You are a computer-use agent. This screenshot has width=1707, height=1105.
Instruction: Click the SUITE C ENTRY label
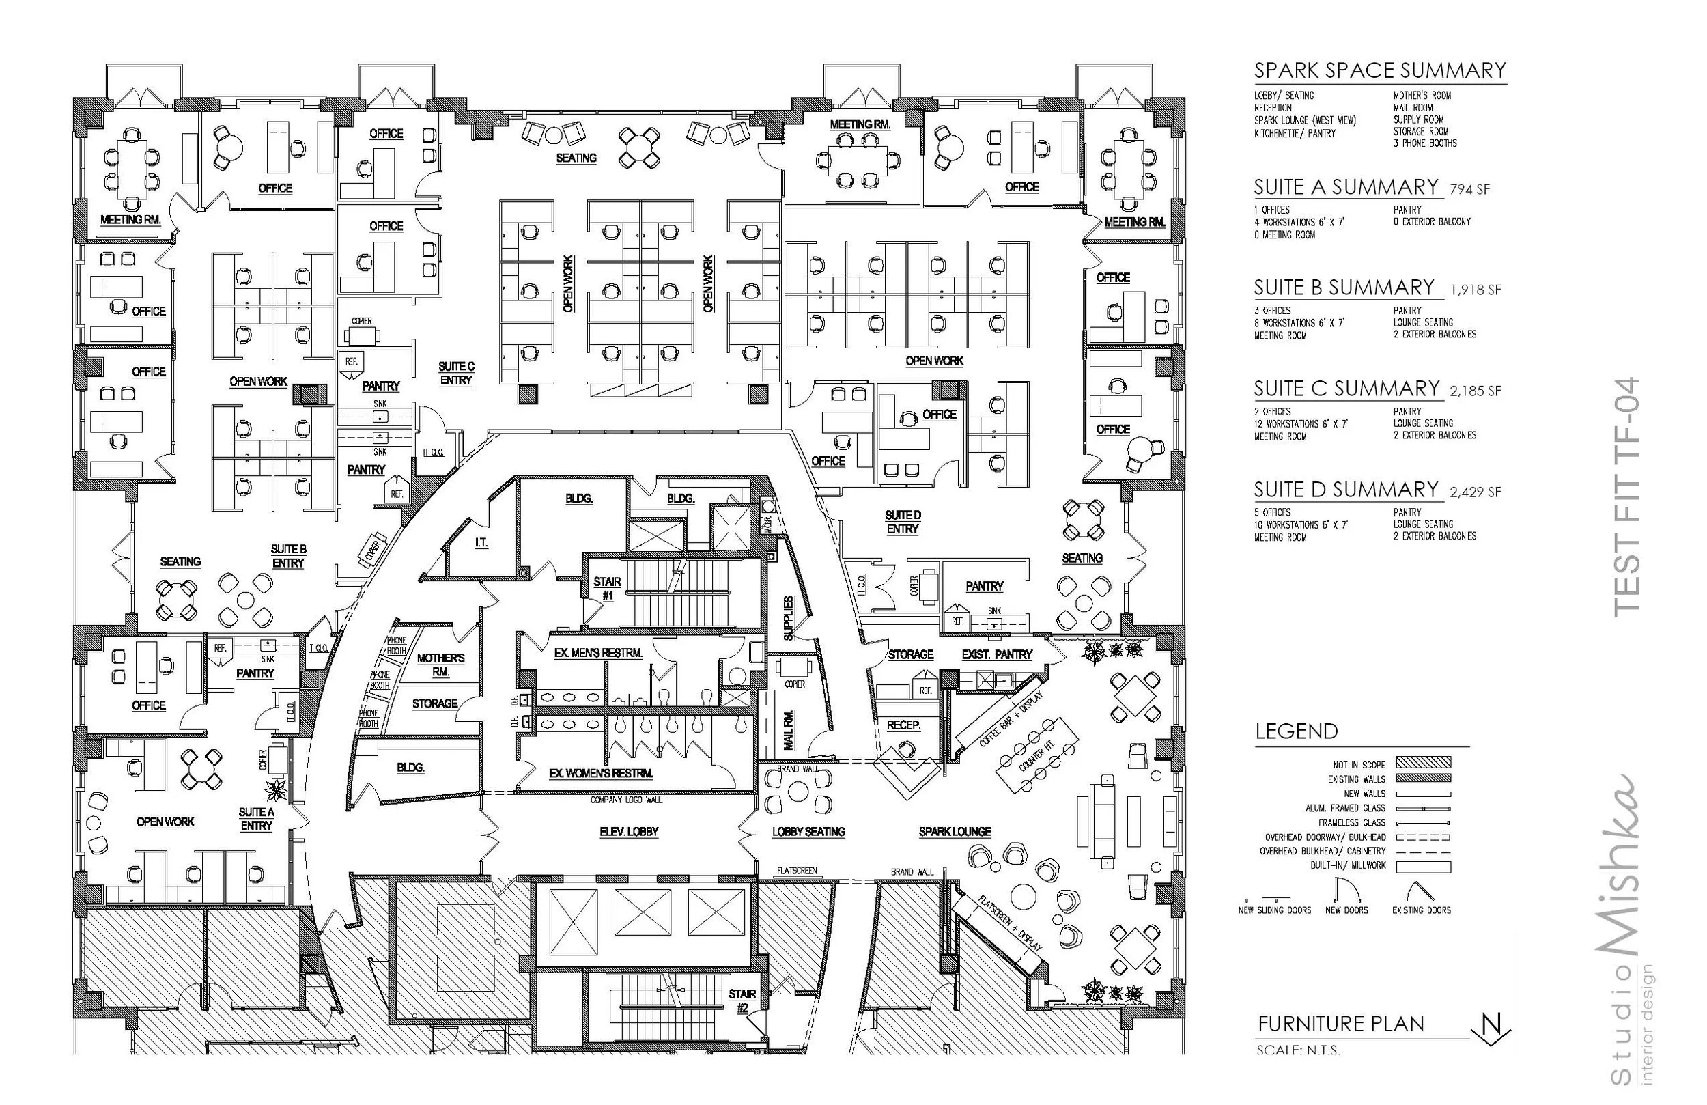456,373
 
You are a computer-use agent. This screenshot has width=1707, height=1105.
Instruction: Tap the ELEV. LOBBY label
629,832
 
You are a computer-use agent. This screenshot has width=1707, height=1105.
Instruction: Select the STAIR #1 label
607,589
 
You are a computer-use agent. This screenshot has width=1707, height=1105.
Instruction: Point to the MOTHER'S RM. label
440,665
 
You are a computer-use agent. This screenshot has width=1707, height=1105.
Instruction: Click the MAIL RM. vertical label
789,730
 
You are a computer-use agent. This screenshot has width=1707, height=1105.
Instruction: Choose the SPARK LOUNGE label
955,832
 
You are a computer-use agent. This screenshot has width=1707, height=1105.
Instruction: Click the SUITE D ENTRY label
902,522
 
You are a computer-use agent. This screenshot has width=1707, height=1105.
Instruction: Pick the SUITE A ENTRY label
256,819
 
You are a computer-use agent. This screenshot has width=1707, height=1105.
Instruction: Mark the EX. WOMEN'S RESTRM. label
600,774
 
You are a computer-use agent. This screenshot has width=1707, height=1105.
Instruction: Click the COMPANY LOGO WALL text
626,799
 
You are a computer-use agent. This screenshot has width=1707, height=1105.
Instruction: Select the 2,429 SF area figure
1476,492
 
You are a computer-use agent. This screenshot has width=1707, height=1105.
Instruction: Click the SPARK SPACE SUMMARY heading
1379,70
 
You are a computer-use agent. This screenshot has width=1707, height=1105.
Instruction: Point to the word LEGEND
1296,731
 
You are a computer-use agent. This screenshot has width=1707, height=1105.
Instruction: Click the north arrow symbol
1491,1028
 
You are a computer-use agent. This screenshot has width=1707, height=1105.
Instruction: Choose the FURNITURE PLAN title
1340,1024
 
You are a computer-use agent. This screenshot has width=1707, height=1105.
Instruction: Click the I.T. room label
481,543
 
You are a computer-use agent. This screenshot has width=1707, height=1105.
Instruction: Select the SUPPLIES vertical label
789,618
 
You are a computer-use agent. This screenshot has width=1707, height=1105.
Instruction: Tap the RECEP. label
903,725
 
